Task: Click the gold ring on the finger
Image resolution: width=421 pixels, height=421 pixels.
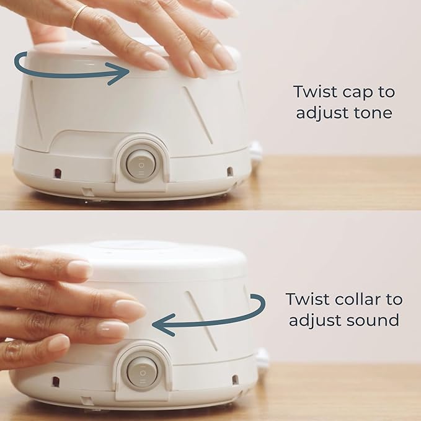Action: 79,17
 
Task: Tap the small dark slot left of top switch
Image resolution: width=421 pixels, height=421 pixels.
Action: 58,172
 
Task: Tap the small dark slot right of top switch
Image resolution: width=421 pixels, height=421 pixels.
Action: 229,171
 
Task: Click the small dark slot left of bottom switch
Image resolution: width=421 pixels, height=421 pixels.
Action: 56,381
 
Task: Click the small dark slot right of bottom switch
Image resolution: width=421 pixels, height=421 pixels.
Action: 235,379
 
